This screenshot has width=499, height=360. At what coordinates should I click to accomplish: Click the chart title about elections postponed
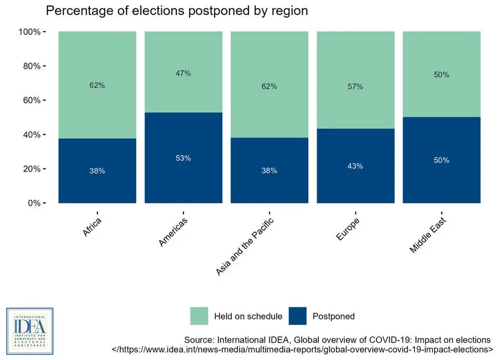click(x=176, y=11)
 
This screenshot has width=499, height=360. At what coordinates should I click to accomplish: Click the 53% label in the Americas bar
click(x=184, y=158)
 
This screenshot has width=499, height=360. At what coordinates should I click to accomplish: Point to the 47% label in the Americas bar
click(x=184, y=73)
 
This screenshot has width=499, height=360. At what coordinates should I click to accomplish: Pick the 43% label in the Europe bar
click(x=355, y=166)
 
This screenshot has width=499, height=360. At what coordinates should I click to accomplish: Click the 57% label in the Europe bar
click(x=355, y=87)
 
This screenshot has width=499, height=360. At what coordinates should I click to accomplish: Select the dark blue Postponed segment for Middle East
click(x=441, y=178)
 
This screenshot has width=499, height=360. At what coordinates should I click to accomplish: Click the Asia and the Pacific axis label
click(x=244, y=246)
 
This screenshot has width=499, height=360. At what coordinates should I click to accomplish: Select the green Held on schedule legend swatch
click(x=199, y=316)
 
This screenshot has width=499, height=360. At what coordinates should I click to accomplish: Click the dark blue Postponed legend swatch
click(x=297, y=316)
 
